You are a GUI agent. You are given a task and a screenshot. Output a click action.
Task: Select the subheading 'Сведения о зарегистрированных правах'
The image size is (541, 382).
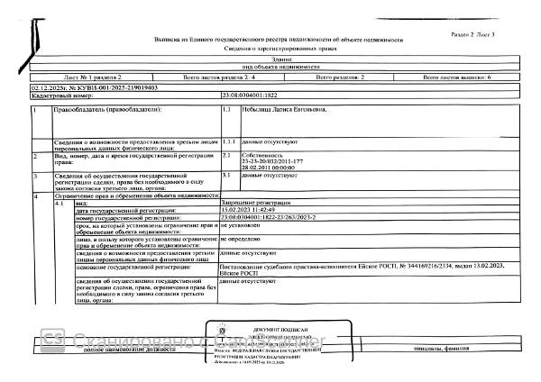[280, 50]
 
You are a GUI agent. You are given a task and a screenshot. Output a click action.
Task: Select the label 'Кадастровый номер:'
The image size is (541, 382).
[58, 95]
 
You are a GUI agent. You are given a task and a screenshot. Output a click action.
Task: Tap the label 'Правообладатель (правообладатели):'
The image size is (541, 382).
[106, 110]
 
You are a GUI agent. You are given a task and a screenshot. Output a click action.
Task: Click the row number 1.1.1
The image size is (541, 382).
[229, 142]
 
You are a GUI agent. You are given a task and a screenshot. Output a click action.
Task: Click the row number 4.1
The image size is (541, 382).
[60, 205]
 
